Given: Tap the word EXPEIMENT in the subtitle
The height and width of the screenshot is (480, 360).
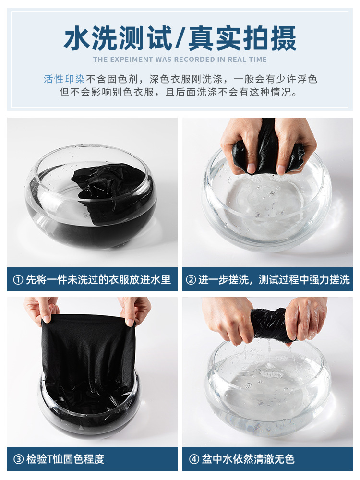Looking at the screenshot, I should click(129, 60).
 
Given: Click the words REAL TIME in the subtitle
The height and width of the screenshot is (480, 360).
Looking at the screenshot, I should click(245, 60).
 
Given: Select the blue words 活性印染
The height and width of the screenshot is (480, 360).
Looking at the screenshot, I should click(64, 79).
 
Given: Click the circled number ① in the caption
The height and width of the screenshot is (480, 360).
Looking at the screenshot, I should click(18, 280).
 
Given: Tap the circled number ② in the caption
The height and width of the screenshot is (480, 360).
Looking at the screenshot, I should click(191, 280).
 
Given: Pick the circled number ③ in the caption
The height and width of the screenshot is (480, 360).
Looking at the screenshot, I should click(18, 459).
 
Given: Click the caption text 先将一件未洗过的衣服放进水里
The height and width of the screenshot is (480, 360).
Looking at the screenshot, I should click(98, 280).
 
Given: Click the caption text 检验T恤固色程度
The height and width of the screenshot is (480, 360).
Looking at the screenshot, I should click(65, 459).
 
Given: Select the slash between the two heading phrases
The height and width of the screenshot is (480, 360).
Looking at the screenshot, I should click(180, 38).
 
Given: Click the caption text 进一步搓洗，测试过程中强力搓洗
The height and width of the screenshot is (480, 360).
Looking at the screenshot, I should click(274, 280).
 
